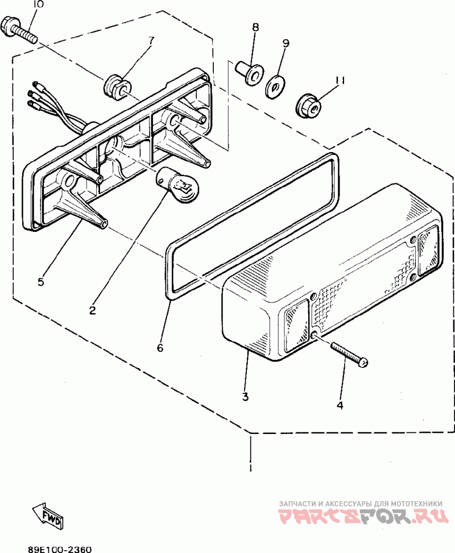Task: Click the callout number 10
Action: pos(37,5)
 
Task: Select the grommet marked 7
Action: pos(117,86)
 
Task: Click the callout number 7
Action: pos(151,40)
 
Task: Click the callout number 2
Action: pos(92,311)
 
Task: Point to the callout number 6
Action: pos(160,347)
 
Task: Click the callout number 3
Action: pos(245,396)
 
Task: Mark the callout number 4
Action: pos(340,405)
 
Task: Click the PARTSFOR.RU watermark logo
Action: pos(360,517)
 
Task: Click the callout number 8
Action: pos(255,27)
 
